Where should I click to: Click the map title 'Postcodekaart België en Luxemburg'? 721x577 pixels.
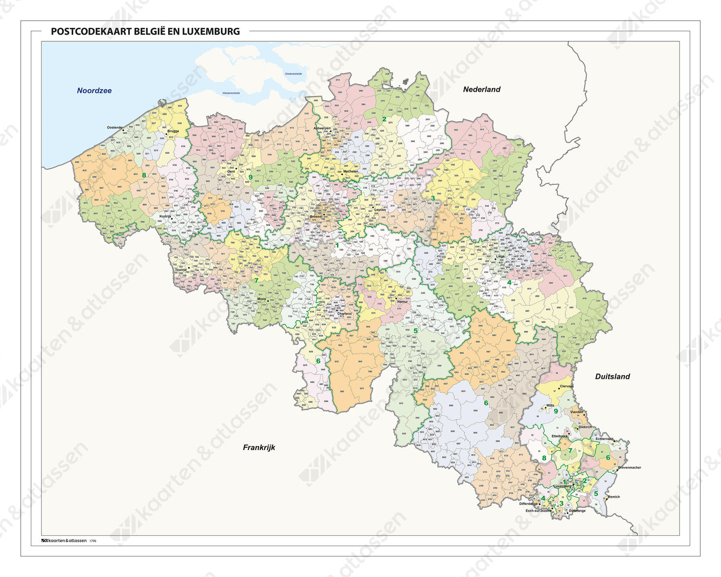145,32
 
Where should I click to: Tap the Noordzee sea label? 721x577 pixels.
94,90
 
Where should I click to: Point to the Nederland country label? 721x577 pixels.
482,89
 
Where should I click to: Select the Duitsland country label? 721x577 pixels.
612,376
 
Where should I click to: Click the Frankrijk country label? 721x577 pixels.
259,447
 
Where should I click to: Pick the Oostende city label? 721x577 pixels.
114,127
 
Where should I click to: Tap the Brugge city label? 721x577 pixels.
173,131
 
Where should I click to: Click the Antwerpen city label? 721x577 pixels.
322,128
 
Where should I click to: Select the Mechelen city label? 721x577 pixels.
350,172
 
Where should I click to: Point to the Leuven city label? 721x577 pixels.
380,210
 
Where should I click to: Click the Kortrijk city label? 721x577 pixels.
165,216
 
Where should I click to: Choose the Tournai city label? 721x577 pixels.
181,270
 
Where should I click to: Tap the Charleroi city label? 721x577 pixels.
344,314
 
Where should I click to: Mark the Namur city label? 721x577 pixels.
402,302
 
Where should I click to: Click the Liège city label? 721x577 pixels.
500,257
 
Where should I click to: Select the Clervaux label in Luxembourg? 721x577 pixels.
567,386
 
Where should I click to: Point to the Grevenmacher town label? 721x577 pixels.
629,467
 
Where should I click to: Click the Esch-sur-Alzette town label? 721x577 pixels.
538,511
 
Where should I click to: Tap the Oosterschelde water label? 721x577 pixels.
293,74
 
